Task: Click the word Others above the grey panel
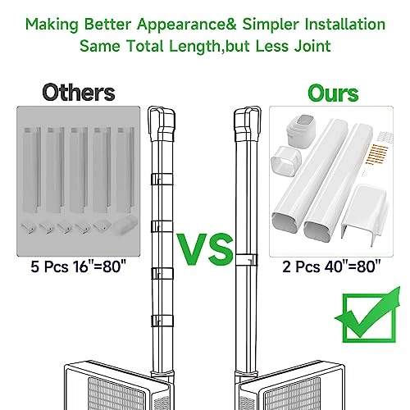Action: pyautogui.click(x=79, y=93)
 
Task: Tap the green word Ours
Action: pyautogui.click(x=333, y=93)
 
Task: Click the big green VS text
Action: pyautogui.click(x=205, y=249)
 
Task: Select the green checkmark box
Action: pyautogui.click(x=367, y=315)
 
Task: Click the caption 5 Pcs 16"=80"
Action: pyautogui.click(x=79, y=266)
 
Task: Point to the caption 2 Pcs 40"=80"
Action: pyautogui.click(x=331, y=266)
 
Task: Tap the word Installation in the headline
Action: pyautogui.click(x=345, y=24)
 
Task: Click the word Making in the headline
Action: pyautogui.click(x=52, y=25)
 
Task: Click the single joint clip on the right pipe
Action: pyautogui.click(x=247, y=260)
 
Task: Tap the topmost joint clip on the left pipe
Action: pyautogui.click(x=162, y=180)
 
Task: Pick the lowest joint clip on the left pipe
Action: pyautogui.click(x=162, y=321)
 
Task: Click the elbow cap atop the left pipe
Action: pyautogui.click(x=162, y=124)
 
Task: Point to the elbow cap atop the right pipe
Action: pyautogui.click(x=248, y=124)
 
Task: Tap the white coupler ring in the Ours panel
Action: pyautogui.click(x=285, y=162)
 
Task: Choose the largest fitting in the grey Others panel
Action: pyautogui.click(x=125, y=225)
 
